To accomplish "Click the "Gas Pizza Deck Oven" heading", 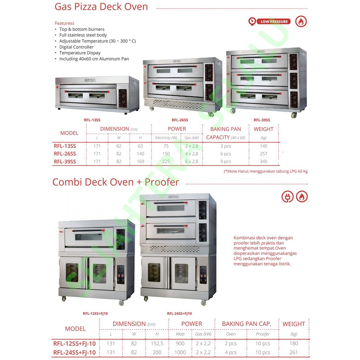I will click(x=101, y=7).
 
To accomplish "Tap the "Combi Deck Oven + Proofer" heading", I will click(x=116, y=182).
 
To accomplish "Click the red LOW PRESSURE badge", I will click(x=274, y=22).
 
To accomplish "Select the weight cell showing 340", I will click(x=263, y=162).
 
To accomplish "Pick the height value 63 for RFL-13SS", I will click(x=141, y=146).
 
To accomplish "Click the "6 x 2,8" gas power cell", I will click(x=192, y=162).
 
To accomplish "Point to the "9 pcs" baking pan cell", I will click(x=225, y=162).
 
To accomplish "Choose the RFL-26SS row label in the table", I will click(x=65, y=154).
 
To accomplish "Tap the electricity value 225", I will click(x=166, y=162).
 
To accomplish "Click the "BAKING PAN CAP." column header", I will click(x=246, y=324).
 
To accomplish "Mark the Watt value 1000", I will click(x=180, y=352).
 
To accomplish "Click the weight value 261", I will click(x=294, y=352).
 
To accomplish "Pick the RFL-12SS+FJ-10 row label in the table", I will click(x=75, y=343).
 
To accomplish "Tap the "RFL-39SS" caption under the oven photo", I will click(x=262, y=120).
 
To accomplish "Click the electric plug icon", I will click(x=287, y=197).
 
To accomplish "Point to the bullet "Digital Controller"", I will click(x=76, y=47).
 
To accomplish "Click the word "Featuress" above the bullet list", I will click(x=64, y=23).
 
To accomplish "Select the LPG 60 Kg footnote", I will click(x=266, y=172).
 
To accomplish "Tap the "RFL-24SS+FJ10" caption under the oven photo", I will click(x=179, y=314).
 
